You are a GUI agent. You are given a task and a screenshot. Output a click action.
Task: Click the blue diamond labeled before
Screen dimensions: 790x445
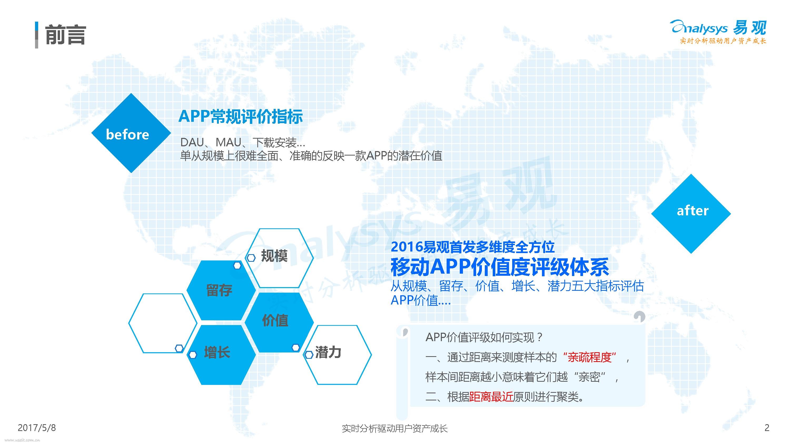pos(131,133)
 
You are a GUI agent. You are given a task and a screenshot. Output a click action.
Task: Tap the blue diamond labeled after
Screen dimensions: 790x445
pos(691,214)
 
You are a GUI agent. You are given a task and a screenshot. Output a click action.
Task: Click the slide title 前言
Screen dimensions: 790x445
pos(65,35)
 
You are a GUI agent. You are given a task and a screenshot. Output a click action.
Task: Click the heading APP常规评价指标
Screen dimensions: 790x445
pos(241,117)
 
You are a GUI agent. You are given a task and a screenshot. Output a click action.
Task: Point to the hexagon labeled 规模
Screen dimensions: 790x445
pos(279,258)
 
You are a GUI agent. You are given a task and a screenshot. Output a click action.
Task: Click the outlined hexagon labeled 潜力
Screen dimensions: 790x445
pos(337,355)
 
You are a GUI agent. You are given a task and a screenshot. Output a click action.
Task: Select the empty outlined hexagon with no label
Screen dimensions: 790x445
pos(163,323)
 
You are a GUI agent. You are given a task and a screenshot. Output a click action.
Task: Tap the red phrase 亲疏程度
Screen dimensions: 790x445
pos(589,357)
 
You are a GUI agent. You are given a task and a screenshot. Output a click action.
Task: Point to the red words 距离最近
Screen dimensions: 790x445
pos(491,397)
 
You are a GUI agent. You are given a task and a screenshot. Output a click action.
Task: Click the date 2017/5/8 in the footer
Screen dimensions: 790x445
pos(37,428)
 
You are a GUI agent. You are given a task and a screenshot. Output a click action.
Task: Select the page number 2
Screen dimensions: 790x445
pos(767,428)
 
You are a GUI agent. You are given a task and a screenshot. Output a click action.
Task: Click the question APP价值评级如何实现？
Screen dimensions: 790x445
pos(484,337)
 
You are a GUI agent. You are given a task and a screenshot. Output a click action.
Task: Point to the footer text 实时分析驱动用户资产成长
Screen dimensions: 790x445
pos(395,428)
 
